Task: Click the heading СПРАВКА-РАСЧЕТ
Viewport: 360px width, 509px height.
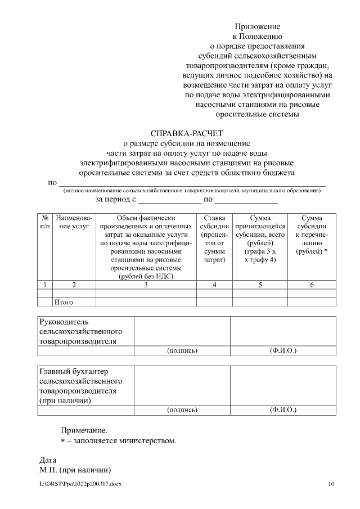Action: tap(187, 133)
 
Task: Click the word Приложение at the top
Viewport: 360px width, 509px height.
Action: tap(258, 26)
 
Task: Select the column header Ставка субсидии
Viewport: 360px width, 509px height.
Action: tap(214, 239)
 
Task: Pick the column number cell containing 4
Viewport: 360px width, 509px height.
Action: tap(214, 285)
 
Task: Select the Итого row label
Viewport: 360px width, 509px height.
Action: tap(64, 302)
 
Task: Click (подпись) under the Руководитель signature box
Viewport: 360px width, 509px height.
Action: tap(182, 351)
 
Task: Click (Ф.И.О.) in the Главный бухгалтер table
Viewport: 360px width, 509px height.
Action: tap(283, 410)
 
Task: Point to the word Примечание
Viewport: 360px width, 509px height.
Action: tap(84, 430)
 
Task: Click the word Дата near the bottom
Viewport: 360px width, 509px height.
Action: tap(48, 460)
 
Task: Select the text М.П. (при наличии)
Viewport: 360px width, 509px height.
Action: tap(74, 470)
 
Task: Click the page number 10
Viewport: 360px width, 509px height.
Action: tap(331, 484)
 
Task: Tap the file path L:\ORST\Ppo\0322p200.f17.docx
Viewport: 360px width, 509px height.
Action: tap(80, 484)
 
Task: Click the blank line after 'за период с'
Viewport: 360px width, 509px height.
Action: tap(169, 200)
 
